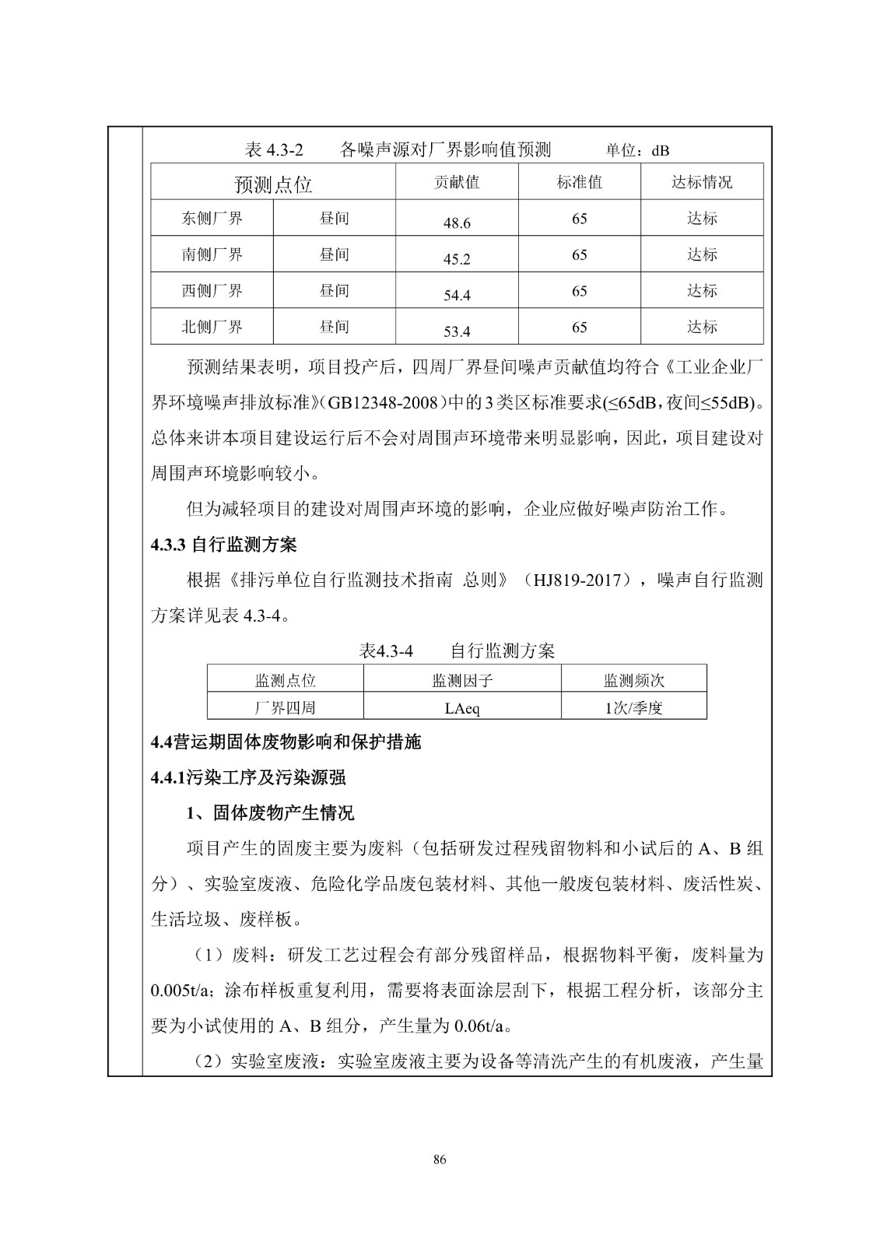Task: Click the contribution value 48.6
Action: tap(457, 223)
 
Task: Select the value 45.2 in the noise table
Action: tap(457, 259)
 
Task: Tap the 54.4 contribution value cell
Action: tap(457, 296)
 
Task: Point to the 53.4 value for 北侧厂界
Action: tap(457, 331)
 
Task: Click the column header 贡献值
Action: tap(457, 182)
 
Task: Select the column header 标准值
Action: tap(580, 182)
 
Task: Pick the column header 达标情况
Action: tap(702, 182)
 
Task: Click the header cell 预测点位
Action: tap(273, 184)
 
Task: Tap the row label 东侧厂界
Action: tap(212, 219)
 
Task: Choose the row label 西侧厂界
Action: tap(212, 291)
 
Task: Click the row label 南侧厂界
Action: tap(212, 254)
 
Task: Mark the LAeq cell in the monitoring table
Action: tap(462, 708)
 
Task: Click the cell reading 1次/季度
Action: tap(633, 708)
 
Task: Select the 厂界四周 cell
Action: tap(286, 708)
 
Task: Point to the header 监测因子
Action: tap(462, 681)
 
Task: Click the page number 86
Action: tap(440, 1160)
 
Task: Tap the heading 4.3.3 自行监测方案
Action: tap(224, 545)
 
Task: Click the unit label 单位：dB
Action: tap(637, 150)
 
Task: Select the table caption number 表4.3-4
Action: tap(386, 651)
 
